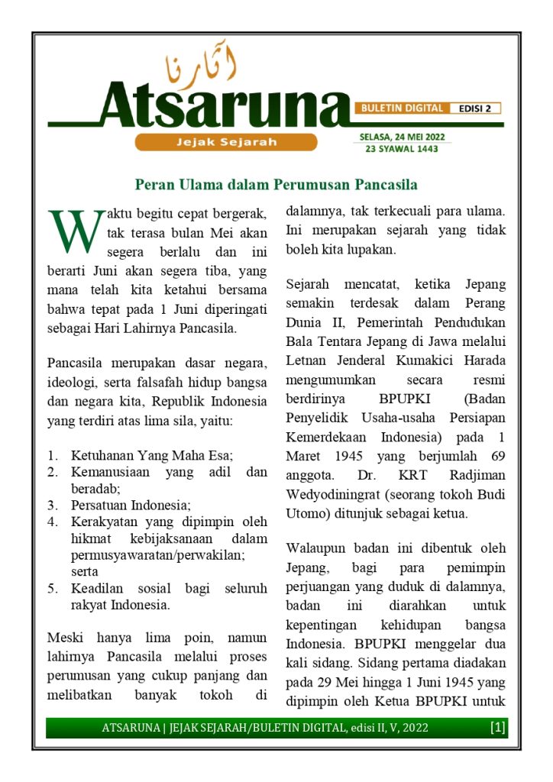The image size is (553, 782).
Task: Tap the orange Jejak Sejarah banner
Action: [x=226, y=142]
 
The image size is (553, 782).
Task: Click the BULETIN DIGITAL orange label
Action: [x=402, y=108]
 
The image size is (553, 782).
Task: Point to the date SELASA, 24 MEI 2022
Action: [x=403, y=137]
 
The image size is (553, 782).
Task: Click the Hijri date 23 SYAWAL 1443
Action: [x=403, y=149]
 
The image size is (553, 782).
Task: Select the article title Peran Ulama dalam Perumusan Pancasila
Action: [x=276, y=185]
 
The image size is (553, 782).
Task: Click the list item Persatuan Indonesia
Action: [x=131, y=506]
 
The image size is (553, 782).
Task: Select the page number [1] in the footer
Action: [x=497, y=729]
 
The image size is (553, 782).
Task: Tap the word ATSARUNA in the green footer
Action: [x=128, y=729]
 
